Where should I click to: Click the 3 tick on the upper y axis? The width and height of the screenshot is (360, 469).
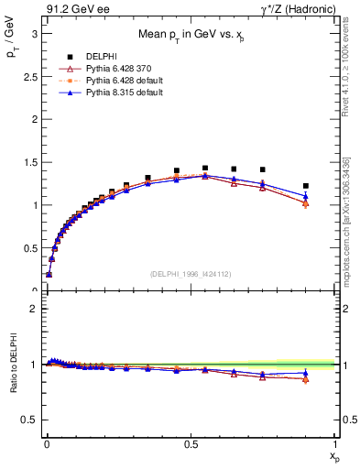[x=33, y=33]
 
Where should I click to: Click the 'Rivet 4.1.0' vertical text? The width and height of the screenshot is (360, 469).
[x=345, y=69]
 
